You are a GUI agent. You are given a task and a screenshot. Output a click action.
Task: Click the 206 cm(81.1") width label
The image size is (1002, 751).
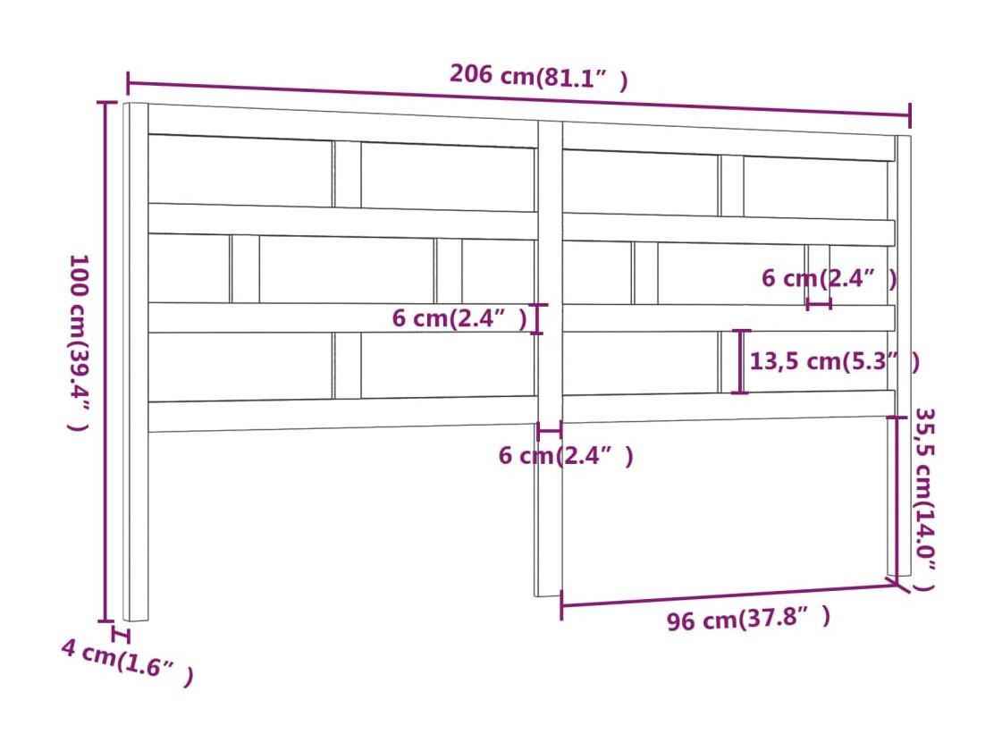[539, 77]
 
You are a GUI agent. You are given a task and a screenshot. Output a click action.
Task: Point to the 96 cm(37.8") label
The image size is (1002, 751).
[748, 619]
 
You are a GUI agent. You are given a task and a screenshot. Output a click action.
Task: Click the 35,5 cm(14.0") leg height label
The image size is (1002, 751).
[924, 499]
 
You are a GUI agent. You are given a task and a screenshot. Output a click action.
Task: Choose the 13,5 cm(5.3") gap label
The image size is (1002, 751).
[835, 362]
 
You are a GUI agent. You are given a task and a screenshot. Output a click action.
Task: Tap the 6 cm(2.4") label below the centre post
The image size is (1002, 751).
[566, 456]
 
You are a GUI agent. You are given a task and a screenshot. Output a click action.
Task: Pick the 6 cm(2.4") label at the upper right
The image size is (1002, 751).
[829, 279]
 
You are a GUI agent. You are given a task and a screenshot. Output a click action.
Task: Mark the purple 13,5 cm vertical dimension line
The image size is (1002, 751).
[741, 362]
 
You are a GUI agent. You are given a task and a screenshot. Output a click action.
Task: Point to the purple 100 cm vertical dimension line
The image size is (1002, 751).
[105, 361]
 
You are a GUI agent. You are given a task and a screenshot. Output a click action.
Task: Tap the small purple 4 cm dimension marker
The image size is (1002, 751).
[120, 636]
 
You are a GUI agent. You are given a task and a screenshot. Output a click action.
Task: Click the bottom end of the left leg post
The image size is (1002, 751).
[136, 619]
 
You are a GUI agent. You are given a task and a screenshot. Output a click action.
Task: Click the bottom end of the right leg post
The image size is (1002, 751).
[899, 574]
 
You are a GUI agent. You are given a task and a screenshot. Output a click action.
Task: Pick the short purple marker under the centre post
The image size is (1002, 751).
[550, 432]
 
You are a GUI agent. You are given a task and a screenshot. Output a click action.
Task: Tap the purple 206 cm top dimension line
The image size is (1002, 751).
[519, 98]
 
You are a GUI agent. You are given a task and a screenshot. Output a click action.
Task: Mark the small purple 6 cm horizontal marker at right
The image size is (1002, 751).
[819, 304]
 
